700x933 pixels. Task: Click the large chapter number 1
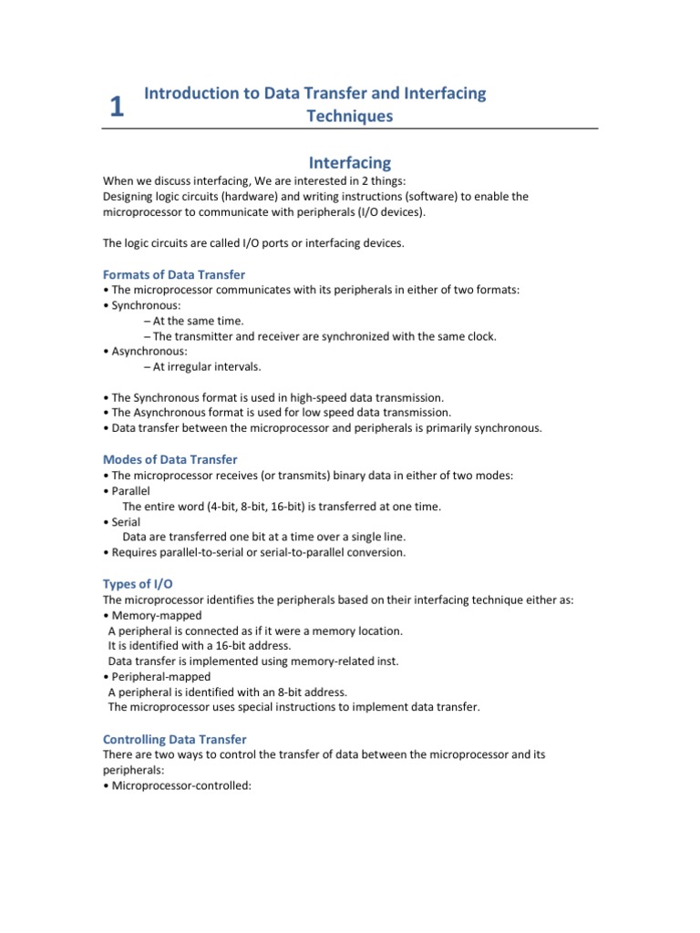click(x=116, y=108)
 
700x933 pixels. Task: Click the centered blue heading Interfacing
click(x=350, y=163)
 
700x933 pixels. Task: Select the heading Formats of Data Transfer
click(x=173, y=274)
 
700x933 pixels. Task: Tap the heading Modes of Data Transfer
click(x=170, y=459)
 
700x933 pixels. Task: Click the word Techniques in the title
click(x=351, y=116)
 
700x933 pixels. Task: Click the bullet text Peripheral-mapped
click(x=160, y=677)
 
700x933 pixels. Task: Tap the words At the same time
click(x=198, y=320)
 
